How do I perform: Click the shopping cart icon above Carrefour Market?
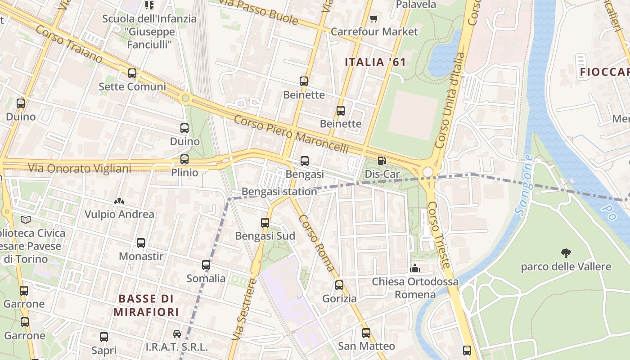click(x=373, y=18)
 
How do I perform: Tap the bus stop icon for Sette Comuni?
click(x=132, y=73)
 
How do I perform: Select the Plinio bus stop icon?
click(x=184, y=159)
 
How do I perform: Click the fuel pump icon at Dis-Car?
click(x=382, y=161)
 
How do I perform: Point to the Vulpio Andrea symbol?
click(x=119, y=201)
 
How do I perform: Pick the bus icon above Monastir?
click(x=141, y=243)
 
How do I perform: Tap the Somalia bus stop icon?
click(x=206, y=265)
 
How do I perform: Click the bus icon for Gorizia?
click(x=339, y=285)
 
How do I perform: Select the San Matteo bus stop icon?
click(x=366, y=333)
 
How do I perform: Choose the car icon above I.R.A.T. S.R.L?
click(x=177, y=334)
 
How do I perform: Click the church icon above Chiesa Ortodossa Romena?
click(x=415, y=269)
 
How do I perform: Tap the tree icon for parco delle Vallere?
click(x=566, y=253)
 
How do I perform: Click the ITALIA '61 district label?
click(x=375, y=62)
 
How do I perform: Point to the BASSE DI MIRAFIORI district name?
click(x=146, y=305)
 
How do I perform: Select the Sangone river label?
click(x=524, y=185)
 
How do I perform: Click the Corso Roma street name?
click(x=317, y=243)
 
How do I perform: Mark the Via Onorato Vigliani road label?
click(x=80, y=168)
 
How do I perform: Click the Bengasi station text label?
click(x=279, y=192)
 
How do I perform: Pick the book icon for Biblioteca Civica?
click(x=26, y=220)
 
